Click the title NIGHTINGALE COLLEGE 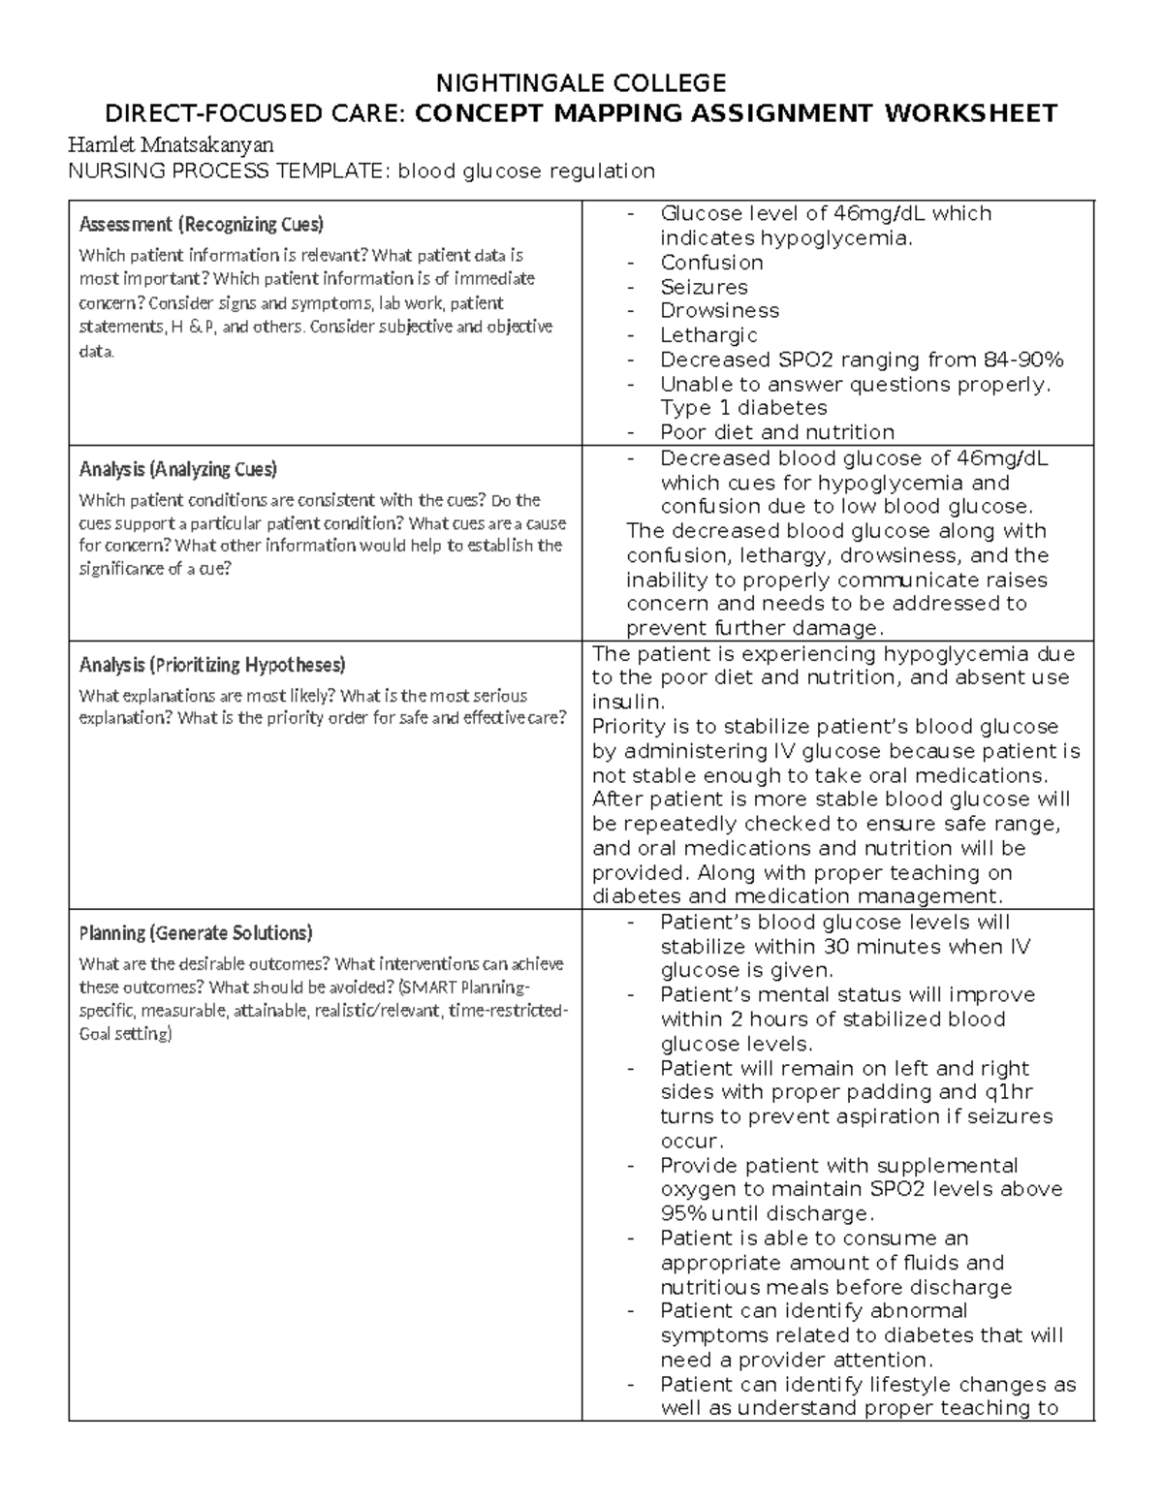(x=581, y=82)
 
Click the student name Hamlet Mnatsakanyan (x=171, y=145)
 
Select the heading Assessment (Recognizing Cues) (x=201, y=225)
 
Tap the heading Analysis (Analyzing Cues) (x=177, y=470)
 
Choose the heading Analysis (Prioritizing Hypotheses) (x=212, y=665)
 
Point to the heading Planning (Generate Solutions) (x=195, y=933)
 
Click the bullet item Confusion (x=711, y=263)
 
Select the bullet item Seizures (x=704, y=287)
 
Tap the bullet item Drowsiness (x=719, y=311)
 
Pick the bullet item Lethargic (x=708, y=335)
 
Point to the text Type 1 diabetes (x=743, y=408)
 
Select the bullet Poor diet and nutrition (x=777, y=432)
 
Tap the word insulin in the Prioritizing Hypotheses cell (x=627, y=702)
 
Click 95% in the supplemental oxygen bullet (x=683, y=1214)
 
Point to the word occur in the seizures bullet (x=691, y=1141)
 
